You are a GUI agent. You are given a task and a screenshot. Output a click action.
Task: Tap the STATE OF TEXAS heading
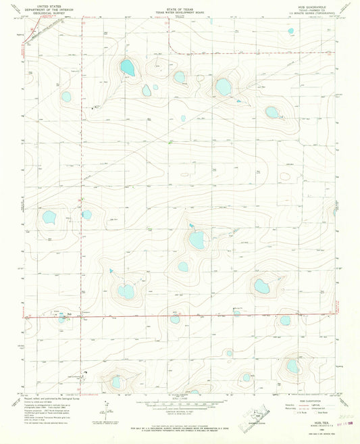[180, 3]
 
